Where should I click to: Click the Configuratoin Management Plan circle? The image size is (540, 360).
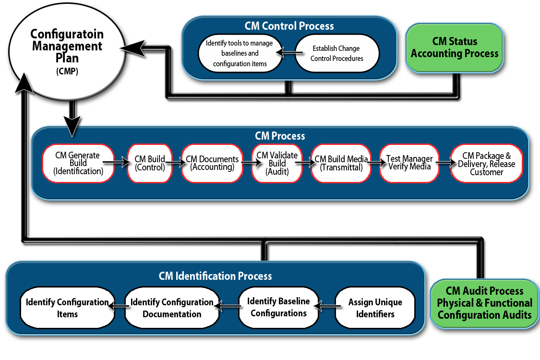pyautogui.click(x=66, y=53)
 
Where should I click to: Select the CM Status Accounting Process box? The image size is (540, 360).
pyautogui.click(x=454, y=48)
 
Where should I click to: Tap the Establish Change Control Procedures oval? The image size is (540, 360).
pyautogui.click(x=337, y=53)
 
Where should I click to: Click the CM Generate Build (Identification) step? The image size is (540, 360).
pyautogui.click(x=78, y=163)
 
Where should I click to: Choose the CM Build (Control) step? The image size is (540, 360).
pyautogui.click(x=150, y=163)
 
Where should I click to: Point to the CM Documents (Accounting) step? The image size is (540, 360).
pyautogui.click(x=212, y=163)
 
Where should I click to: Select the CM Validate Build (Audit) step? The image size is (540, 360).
pyautogui.click(x=277, y=163)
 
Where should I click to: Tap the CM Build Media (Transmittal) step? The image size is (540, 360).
pyautogui.click(x=341, y=163)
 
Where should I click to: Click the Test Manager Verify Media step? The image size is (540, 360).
pyautogui.click(x=409, y=163)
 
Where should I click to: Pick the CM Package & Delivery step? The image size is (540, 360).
pyautogui.click(x=486, y=163)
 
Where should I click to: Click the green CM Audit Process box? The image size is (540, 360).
pyautogui.click(x=484, y=303)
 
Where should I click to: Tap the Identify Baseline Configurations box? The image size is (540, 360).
pyautogui.click(x=278, y=307)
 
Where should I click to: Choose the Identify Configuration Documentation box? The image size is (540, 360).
pyautogui.click(x=172, y=308)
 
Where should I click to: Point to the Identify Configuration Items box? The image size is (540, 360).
pyautogui.click(x=67, y=308)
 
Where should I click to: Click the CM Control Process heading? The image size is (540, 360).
pyautogui.click(x=289, y=26)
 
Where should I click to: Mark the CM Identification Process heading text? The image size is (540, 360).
pyautogui.click(x=215, y=276)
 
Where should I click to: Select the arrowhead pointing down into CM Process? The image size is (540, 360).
pyautogui.click(x=72, y=127)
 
